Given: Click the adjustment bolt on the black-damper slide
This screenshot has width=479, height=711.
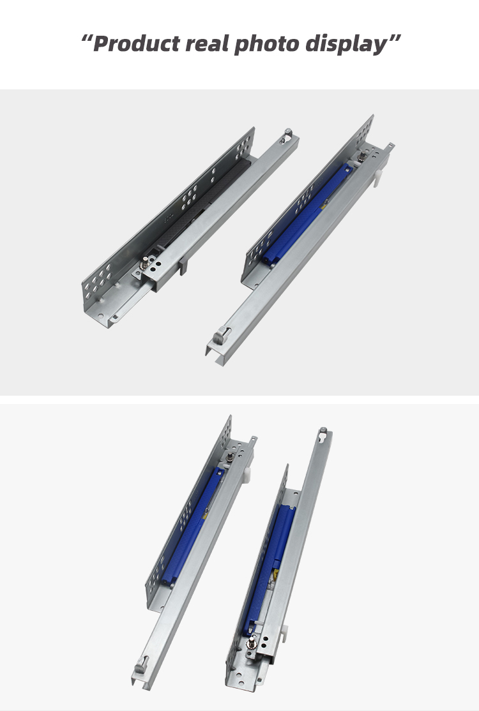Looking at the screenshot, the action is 145,262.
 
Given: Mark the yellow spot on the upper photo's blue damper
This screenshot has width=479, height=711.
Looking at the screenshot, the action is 323,206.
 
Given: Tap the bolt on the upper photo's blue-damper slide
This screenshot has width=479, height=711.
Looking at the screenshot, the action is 362,156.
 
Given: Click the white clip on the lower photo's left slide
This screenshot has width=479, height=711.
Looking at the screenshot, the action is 247,474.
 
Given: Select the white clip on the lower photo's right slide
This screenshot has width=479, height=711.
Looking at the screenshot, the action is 284,632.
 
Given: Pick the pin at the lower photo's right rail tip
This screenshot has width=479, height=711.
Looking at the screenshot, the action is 323,430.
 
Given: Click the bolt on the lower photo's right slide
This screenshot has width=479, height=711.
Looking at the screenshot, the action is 251,641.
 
